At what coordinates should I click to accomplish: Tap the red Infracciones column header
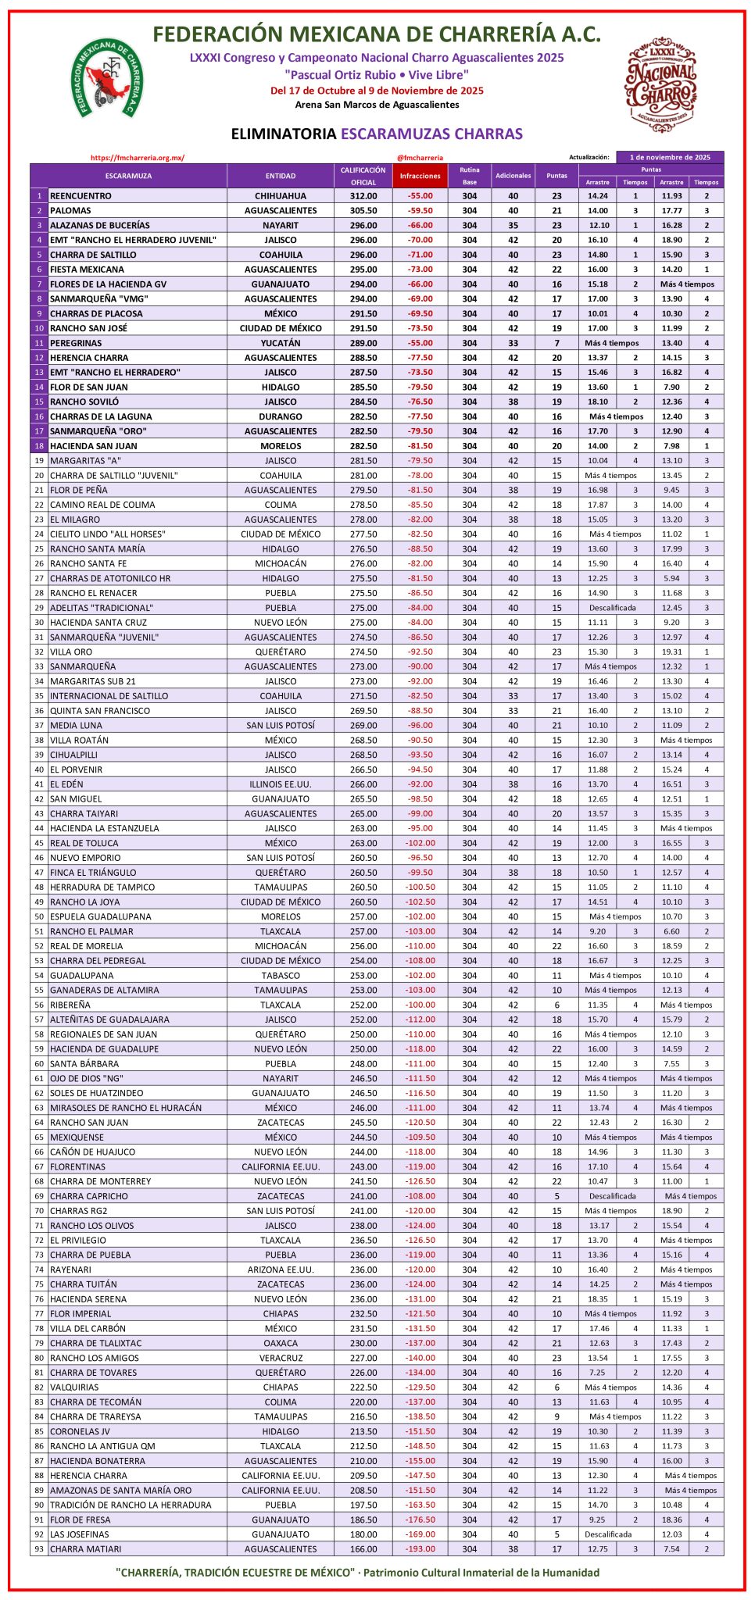(420, 176)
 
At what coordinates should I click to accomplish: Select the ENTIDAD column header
(281, 176)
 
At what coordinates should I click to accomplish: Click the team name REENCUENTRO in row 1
(81, 196)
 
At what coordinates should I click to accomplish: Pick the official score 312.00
(363, 196)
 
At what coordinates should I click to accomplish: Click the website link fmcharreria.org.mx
(138, 158)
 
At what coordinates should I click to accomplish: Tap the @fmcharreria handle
(420, 158)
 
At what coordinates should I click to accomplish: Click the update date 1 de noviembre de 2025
(670, 157)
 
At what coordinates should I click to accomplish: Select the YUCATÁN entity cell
(281, 343)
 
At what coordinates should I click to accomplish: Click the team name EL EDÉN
(66, 784)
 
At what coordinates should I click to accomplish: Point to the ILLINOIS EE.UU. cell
(281, 784)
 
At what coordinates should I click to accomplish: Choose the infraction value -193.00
(420, 1548)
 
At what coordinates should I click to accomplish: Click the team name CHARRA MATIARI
(85, 1548)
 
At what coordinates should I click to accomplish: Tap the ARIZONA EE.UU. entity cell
(281, 1270)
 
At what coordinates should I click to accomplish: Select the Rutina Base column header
(469, 176)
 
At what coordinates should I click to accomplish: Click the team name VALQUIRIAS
(74, 1387)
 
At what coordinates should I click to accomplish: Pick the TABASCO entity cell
(281, 975)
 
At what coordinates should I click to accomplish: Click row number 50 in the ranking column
(39, 916)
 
